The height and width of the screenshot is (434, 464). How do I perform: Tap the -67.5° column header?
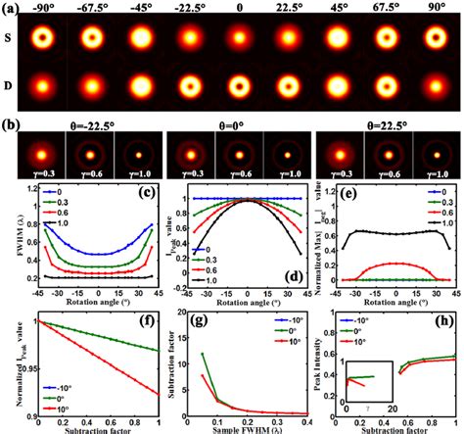click(96, 7)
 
